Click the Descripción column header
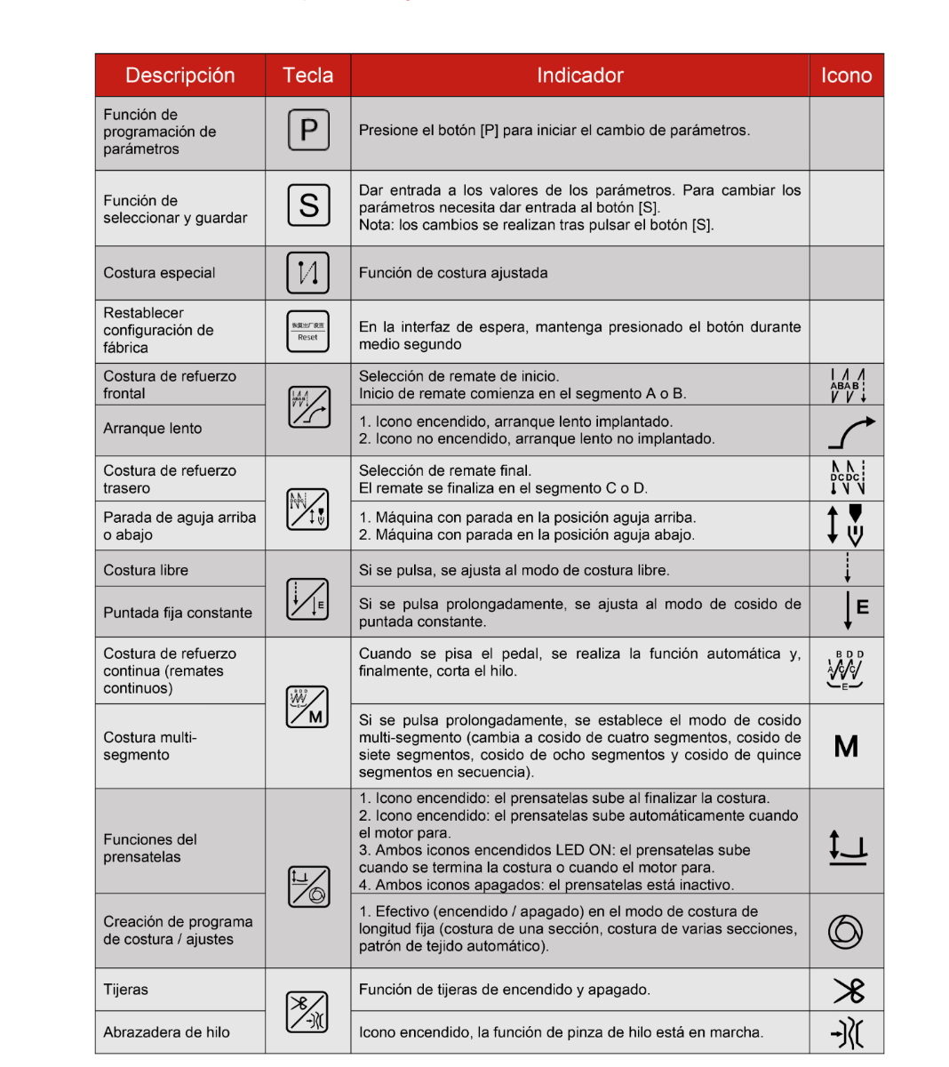coord(179,76)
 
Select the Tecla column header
coord(307,76)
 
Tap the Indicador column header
coord(579,76)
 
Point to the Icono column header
coord(846,76)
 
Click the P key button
coord(308,131)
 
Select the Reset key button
coord(307,332)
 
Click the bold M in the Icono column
coord(846,746)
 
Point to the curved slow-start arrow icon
coord(850,432)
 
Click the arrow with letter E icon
coord(855,609)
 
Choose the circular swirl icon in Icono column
coord(845,931)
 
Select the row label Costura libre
coord(146,570)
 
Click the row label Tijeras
coord(125,990)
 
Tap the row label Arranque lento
coord(152,429)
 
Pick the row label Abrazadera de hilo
coord(166,1032)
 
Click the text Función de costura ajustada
coord(453,273)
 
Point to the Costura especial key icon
coord(307,272)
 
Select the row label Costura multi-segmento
coord(149,746)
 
